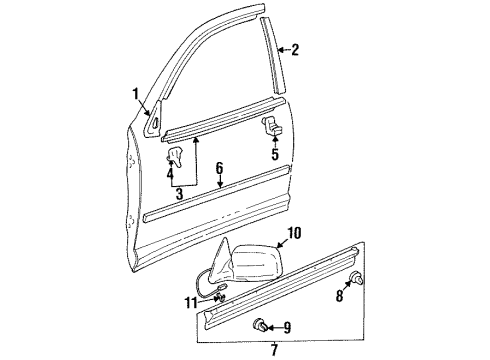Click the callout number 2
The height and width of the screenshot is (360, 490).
click(x=294, y=48)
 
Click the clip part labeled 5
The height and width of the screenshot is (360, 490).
click(x=271, y=126)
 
